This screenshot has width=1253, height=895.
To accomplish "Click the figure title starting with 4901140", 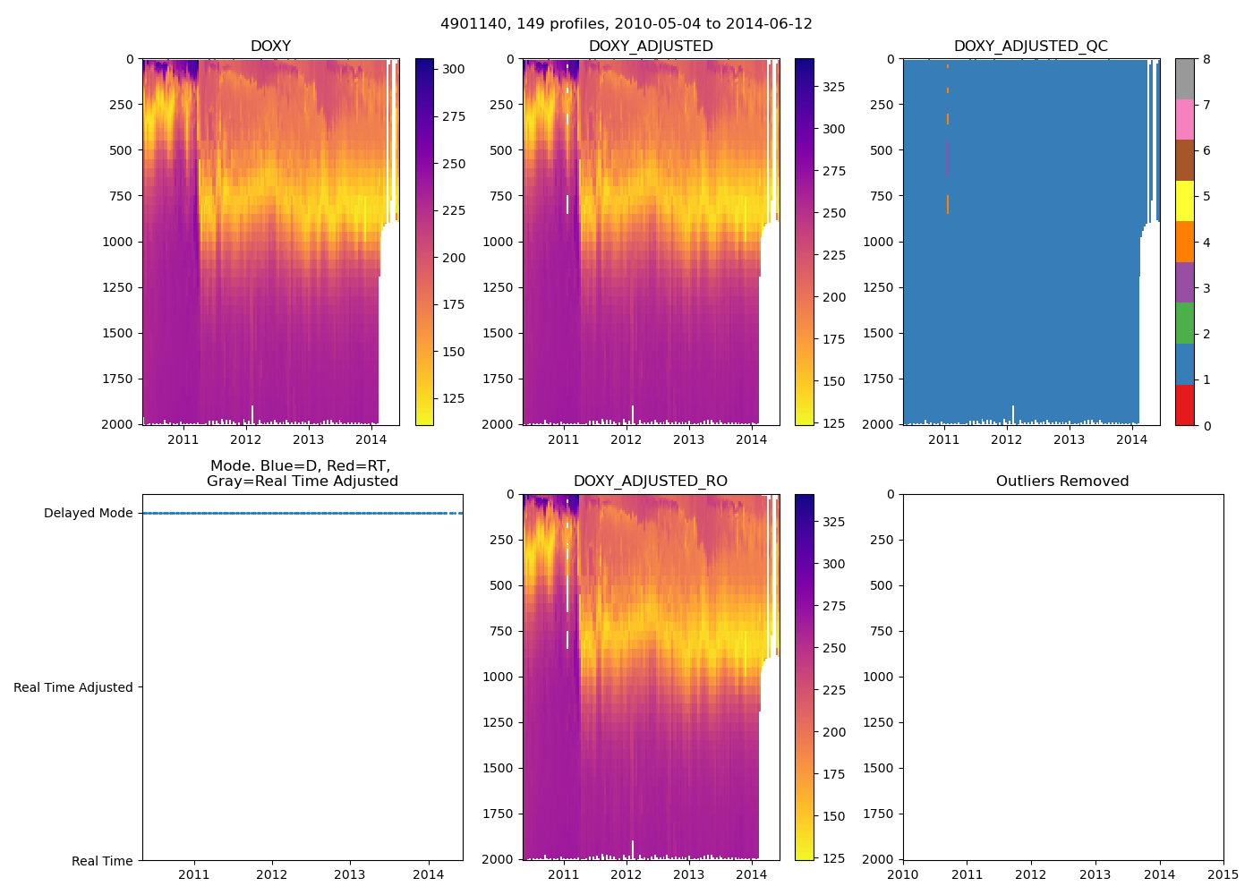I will [626, 24].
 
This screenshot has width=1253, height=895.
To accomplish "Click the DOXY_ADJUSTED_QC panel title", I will [1030, 46].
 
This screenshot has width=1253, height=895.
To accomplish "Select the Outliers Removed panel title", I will [1062, 482].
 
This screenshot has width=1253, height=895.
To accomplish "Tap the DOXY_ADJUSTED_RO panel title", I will [651, 482].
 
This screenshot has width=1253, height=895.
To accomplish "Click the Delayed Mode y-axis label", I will [88, 513].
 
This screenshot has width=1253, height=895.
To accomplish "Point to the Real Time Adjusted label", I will [73, 687].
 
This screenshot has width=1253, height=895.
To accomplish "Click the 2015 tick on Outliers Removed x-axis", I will [1223, 874].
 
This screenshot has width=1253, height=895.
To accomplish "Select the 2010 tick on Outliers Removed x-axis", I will [903, 874].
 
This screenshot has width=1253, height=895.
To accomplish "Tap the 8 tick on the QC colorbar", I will [1206, 59].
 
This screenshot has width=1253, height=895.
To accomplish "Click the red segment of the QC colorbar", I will [1184, 405].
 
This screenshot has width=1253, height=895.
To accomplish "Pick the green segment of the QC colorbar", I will [1184, 323].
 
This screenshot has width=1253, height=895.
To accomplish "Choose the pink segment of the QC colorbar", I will [1184, 120].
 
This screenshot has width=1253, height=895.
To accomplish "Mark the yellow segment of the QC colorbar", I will [1184, 201].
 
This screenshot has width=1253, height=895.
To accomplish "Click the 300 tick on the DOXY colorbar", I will [454, 69].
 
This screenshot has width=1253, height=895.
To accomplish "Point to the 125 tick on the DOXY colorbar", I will [454, 398].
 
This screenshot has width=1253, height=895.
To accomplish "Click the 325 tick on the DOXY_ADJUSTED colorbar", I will [833, 87].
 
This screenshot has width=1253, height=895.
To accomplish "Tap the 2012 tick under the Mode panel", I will [272, 874].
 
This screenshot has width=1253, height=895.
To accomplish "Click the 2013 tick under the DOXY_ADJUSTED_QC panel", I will [1069, 439].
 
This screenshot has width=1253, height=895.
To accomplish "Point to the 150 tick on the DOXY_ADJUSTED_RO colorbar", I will [833, 816].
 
